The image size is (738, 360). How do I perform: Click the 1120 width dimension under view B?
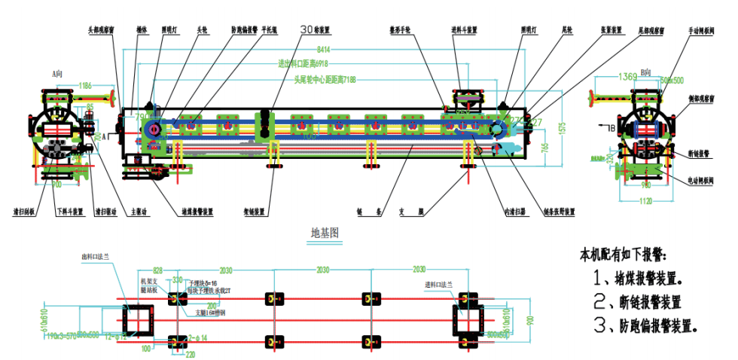point(645,202)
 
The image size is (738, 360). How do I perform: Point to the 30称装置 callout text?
point(316,30)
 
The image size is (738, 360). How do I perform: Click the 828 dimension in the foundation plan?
point(157,270)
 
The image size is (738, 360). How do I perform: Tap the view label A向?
point(56,75)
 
